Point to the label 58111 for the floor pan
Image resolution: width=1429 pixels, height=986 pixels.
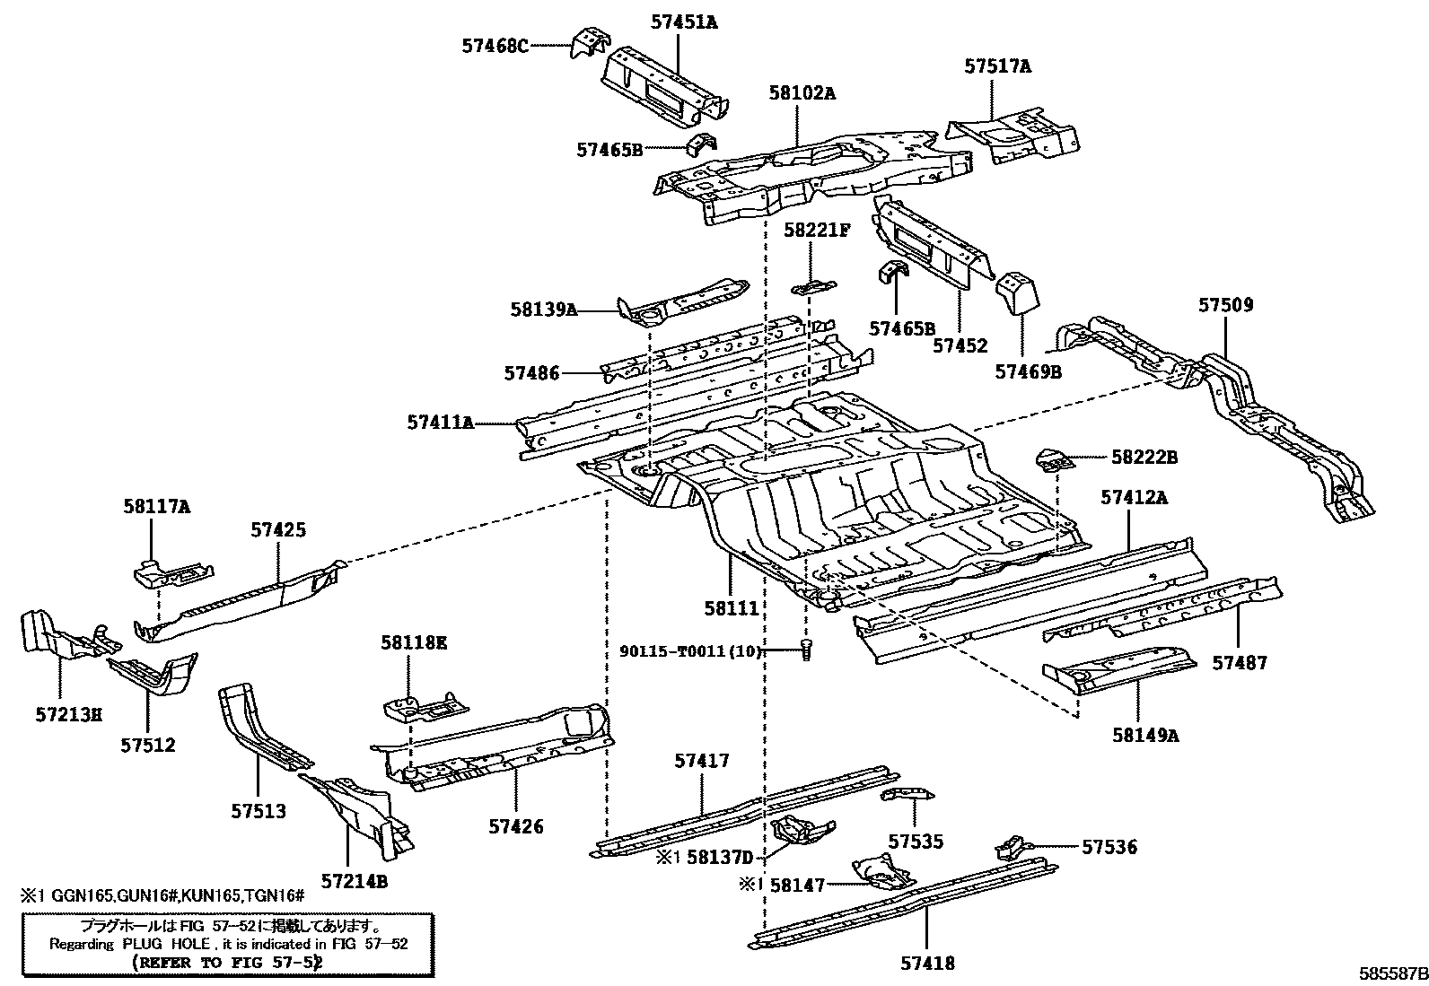point(732,608)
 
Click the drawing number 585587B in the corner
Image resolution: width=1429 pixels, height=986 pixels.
point(1391,973)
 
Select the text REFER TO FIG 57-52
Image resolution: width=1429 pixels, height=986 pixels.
point(228,963)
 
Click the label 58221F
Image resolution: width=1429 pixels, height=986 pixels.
point(816,231)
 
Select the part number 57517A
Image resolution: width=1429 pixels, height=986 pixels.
point(997,65)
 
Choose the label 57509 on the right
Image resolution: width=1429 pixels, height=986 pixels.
point(1225,305)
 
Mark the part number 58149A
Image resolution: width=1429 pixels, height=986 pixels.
point(1144,736)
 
